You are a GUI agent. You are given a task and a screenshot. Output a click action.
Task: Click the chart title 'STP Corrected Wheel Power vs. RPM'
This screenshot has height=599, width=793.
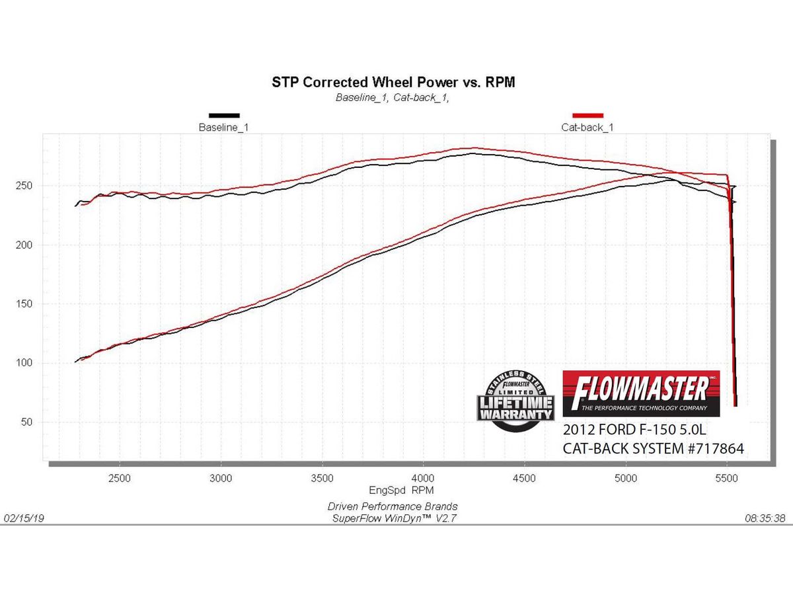394,83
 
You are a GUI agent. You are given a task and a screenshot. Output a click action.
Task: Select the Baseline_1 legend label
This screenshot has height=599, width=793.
223,127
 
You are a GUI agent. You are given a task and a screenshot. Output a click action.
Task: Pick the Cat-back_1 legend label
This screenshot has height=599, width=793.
587,127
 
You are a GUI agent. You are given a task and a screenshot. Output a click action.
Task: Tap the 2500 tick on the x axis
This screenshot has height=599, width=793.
119,477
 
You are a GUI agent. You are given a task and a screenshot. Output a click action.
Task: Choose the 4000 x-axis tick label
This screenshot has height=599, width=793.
423,477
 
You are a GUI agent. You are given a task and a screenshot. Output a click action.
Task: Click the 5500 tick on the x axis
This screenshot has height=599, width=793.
727,477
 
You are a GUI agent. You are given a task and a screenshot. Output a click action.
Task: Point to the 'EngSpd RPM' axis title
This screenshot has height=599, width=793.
393,491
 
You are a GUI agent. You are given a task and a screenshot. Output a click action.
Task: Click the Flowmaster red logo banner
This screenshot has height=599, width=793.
641,393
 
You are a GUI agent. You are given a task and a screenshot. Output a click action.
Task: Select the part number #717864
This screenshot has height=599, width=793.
715,449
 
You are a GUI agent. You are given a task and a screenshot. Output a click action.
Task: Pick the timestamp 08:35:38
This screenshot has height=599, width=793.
764,518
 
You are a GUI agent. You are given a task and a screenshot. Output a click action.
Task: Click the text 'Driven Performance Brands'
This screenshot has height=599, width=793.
393,506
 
